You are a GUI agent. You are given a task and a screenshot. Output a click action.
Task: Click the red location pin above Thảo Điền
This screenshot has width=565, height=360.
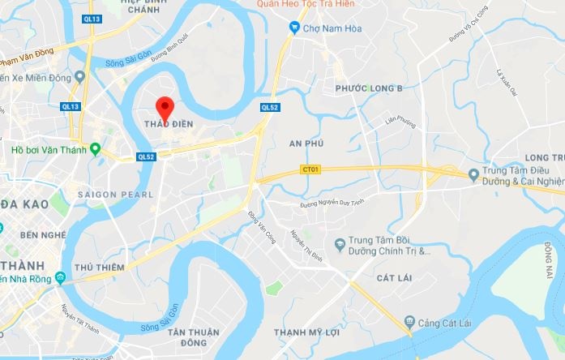(x=165, y=106)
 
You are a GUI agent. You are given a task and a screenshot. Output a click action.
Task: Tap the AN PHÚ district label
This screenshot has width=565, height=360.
(x=306, y=144)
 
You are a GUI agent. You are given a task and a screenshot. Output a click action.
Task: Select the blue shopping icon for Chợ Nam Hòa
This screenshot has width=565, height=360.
(x=295, y=28)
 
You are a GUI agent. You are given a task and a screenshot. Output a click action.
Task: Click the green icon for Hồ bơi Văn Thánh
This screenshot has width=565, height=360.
(x=95, y=148)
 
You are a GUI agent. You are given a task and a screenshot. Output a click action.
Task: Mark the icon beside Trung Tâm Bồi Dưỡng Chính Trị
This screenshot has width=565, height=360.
(x=340, y=243)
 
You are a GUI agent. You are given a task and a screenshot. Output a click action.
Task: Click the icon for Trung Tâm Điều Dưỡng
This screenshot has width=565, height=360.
(x=474, y=174)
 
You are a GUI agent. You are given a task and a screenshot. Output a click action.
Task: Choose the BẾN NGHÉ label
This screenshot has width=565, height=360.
(x=41, y=234)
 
